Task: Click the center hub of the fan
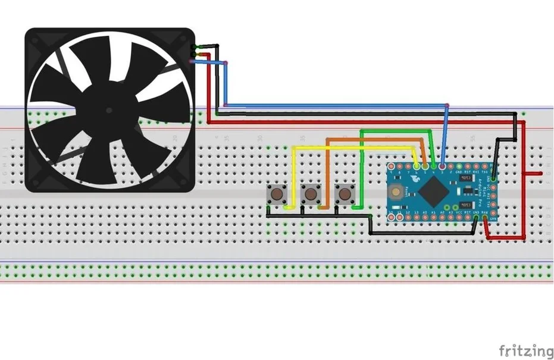109,111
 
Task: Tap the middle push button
310,193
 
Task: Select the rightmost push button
344,193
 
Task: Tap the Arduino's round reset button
395,191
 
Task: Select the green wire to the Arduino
399,130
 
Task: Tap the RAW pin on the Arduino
484,218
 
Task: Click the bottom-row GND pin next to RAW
475,218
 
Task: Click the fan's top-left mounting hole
35,39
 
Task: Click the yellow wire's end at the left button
287,208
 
